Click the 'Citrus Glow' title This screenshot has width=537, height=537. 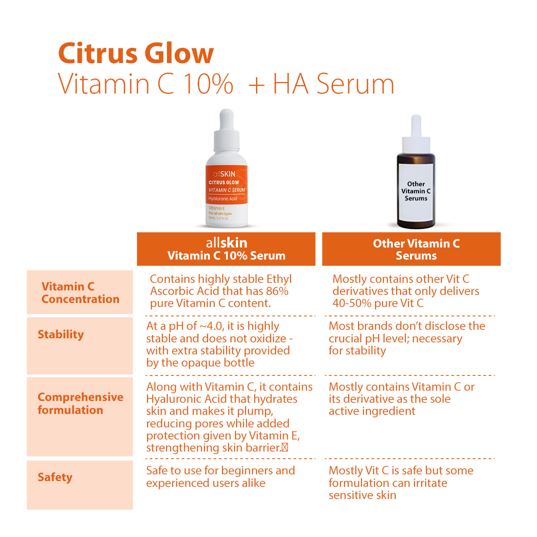point(136,53)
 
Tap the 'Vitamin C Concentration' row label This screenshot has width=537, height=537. point(80,293)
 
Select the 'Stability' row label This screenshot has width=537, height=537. point(60,334)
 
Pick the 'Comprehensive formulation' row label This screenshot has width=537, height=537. point(80,403)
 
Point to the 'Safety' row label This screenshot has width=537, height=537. point(55,477)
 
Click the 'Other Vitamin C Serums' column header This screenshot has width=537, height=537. point(416,249)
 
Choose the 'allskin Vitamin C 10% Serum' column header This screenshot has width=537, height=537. point(226,249)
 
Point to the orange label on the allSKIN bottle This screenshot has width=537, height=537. point(226,186)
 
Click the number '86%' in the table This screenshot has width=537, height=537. point(277,291)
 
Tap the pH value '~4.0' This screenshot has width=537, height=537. point(211,326)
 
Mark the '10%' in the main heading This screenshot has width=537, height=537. point(208,84)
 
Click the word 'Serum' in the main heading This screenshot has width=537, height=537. point(355,84)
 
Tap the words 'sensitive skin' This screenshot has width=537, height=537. point(362,495)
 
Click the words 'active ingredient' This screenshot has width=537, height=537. point(372,411)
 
